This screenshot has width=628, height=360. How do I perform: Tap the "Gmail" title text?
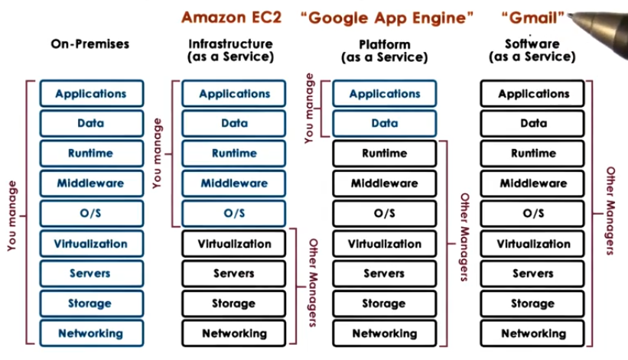pyautogui.click(x=533, y=17)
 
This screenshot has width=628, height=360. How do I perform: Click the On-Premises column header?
pyautogui.click(x=90, y=44)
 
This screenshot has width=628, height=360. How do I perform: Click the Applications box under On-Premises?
pyautogui.click(x=90, y=94)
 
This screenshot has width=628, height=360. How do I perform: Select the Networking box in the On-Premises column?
pyautogui.click(x=90, y=333)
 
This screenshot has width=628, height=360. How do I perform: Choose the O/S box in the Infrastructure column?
pyautogui.click(x=234, y=213)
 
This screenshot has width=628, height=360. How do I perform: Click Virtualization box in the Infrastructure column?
pyautogui.click(x=234, y=244)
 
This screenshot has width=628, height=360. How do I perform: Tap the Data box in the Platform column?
pyautogui.click(x=384, y=123)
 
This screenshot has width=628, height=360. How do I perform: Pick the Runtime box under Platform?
pyautogui.click(x=384, y=153)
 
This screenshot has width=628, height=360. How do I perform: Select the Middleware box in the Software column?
pyautogui.click(x=533, y=183)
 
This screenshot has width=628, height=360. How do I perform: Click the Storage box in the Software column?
pyautogui.click(x=533, y=303)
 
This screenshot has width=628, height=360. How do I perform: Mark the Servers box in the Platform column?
pyautogui.click(x=384, y=274)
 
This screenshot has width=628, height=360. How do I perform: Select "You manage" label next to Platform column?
pyautogui.click(x=309, y=108)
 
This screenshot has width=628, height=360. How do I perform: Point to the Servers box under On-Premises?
pyautogui.click(x=90, y=274)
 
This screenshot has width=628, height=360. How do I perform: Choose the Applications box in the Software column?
pyautogui.click(x=533, y=94)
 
